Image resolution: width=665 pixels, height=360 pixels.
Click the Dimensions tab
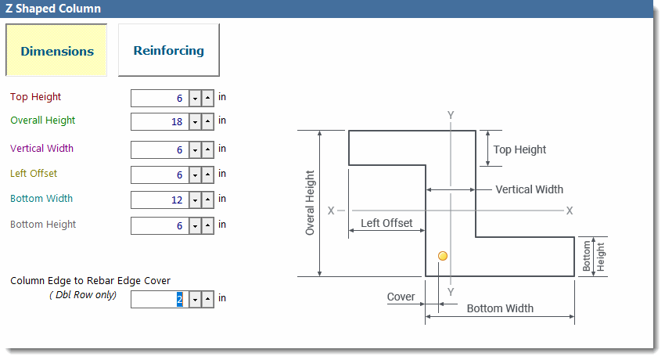point(56,52)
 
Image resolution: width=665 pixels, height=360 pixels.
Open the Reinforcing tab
point(168,51)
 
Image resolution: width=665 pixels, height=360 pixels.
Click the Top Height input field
point(160,99)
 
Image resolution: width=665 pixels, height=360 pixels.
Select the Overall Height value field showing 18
point(160,122)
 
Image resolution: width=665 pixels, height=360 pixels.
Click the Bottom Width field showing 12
point(160,200)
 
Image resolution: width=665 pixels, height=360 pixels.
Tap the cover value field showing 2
point(160,300)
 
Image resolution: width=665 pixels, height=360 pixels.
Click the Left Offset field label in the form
point(34,174)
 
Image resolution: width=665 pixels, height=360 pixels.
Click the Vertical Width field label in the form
point(42,149)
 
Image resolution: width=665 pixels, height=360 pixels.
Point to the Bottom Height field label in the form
point(43,225)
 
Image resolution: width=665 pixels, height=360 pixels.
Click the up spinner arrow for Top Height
point(207,99)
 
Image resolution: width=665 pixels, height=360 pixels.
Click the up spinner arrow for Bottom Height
point(207,226)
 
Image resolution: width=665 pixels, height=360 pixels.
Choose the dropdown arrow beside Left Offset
point(195,175)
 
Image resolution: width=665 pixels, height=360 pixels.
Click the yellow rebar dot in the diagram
point(443,256)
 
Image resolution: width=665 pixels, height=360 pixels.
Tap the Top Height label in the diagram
point(519,149)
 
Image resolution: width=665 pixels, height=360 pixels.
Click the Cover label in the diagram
point(401,297)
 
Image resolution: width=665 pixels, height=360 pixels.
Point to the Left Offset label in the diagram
point(386,223)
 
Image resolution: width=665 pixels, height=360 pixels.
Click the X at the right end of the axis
point(570,211)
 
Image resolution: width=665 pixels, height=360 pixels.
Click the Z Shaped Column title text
point(53,9)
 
